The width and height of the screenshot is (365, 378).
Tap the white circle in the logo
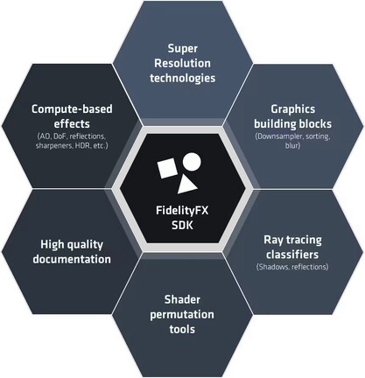pos(192,162)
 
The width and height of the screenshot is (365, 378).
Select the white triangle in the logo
pos(186,185)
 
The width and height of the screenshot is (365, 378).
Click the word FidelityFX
pos(182,211)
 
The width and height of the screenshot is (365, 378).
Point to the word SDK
pos(182,226)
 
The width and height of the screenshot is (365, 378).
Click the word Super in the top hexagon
pos(183,49)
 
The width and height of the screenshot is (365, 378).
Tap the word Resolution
pos(182,63)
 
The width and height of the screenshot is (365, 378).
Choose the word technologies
pos(183,78)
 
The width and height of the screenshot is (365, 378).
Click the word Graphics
pos(293,109)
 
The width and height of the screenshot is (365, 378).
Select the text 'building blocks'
pos(293,124)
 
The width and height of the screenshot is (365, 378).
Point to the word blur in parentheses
pos(292,145)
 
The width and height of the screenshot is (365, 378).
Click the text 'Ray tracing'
pos(293,240)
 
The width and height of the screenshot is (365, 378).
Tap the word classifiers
pos(292,255)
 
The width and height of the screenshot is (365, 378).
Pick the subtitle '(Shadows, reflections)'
pos(292,267)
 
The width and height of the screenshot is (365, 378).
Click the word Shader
pos(182,299)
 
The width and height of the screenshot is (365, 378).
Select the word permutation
pos(182,315)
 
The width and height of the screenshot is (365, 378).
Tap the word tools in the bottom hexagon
pos(182,330)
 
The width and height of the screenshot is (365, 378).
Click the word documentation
pos(72,259)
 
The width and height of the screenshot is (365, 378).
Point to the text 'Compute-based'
pos(72,109)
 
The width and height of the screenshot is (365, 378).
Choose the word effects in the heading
pos(72,123)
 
